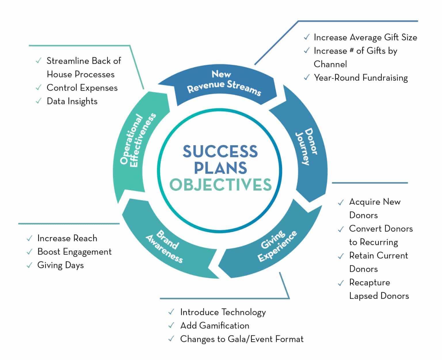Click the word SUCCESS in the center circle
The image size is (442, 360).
click(220, 151)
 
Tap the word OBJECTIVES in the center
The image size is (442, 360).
click(220, 185)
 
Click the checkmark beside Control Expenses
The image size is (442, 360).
click(39, 87)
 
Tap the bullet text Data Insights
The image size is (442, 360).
click(72, 101)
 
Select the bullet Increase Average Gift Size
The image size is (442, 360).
click(365, 37)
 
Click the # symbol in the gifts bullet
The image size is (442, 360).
click(351, 50)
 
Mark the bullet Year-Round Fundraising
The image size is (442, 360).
click(361, 78)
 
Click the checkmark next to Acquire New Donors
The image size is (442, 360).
click(341, 202)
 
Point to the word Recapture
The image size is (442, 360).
click(369, 282)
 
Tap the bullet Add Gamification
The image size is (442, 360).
click(215, 325)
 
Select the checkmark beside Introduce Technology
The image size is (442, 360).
click(171, 312)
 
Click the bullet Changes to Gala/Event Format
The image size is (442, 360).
click(242, 339)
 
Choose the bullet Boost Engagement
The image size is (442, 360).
click(74, 252)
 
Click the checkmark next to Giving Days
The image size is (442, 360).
click(29, 265)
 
